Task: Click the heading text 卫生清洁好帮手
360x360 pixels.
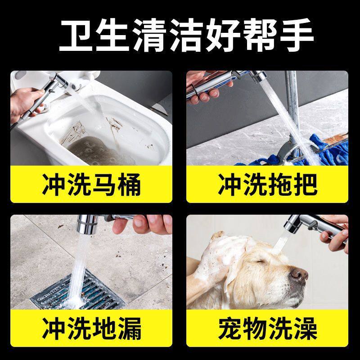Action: tap(186, 35)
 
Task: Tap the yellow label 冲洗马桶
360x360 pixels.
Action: tap(91, 184)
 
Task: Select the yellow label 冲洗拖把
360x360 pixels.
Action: tap(267, 184)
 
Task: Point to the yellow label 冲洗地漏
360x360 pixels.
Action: tap(91, 328)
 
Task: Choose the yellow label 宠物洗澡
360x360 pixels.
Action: tap(267, 328)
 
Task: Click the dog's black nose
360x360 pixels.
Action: tap(298, 274)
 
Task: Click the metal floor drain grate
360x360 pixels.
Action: tap(78, 291)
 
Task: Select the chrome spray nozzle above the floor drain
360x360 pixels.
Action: tap(87, 224)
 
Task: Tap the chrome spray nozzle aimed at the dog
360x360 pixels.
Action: tap(293, 223)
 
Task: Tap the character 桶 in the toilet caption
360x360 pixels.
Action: tap(129, 184)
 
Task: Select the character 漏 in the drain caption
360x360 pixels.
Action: tap(129, 328)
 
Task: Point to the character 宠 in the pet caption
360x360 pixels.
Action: tap(230, 328)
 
